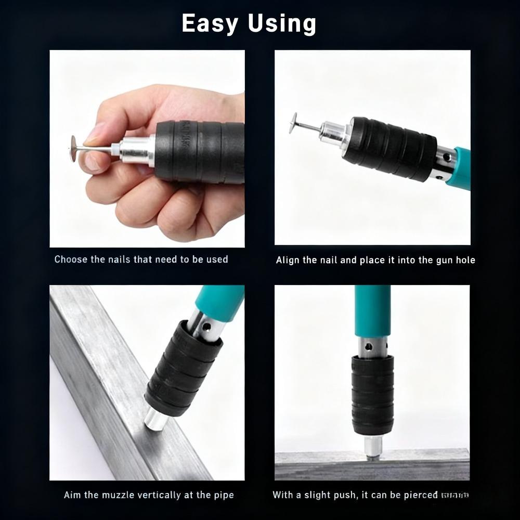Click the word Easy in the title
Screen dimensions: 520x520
[x=210, y=24]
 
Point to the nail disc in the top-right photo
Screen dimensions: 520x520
[x=294, y=123]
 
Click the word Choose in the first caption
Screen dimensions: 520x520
[x=71, y=259]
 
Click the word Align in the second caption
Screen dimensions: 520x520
[x=287, y=260]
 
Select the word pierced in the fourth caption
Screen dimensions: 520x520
[x=421, y=495]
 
